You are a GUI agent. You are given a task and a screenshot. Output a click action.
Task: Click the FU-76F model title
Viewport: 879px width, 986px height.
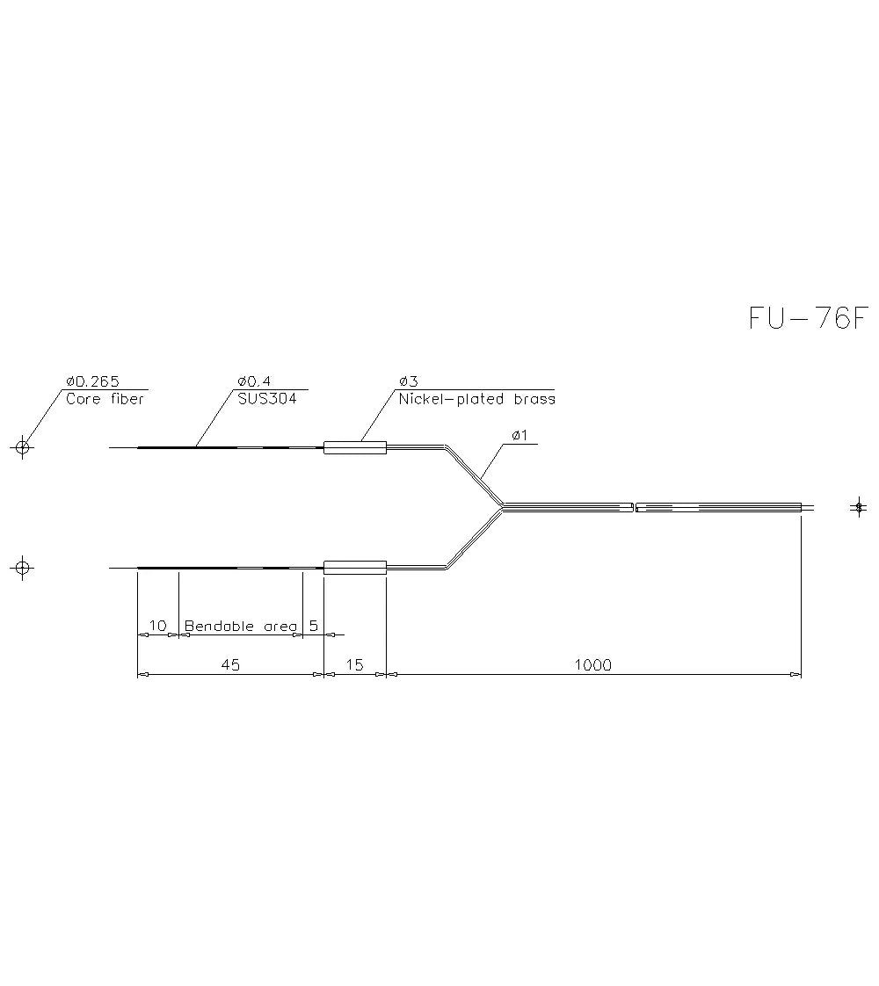tap(809, 318)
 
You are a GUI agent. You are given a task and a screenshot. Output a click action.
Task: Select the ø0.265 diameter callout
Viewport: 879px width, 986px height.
tap(92, 381)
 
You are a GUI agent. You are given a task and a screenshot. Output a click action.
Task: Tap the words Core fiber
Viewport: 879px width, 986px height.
tap(105, 399)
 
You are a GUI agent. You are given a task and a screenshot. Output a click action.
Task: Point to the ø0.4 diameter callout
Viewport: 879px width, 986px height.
tap(254, 381)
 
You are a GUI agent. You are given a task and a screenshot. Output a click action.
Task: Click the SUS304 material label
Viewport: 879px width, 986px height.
tap(267, 399)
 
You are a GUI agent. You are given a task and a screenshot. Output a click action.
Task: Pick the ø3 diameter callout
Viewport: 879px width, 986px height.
tap(408, 381)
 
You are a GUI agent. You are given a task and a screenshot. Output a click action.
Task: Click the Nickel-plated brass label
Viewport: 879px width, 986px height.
tap(477, 399)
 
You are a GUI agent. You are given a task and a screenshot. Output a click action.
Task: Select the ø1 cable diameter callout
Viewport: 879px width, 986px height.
tap(520, 435)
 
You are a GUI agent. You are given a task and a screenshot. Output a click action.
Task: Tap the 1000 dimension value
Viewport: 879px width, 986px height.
tap(593, 664)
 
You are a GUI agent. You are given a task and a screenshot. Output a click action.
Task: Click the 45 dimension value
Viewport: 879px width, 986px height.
tap(231, 664)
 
